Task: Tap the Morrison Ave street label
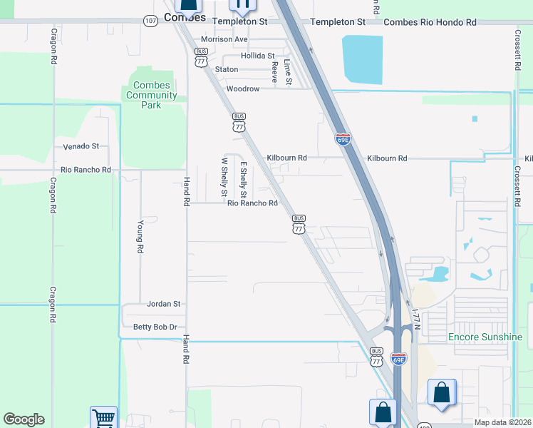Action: [224, 39]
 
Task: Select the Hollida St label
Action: [257, 55]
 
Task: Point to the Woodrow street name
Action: [242, 89]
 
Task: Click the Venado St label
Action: [81, 146]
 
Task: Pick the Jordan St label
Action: [163, 304]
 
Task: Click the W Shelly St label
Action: [224, 177]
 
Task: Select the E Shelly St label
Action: [244, 180]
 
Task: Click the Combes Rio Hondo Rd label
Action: [430, 22]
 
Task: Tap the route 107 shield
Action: [150, 21]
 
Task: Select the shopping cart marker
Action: [103, 417]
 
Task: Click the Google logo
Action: [24, 419]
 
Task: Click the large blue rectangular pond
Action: [363, 60]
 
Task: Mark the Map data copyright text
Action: [502, 422]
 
